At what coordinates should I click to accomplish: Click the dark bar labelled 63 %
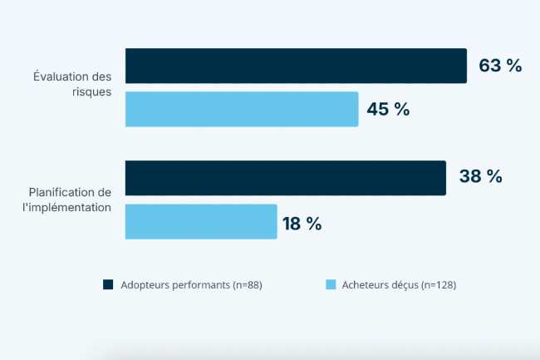pos(296,66)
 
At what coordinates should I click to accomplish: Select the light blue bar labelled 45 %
pos(242,109)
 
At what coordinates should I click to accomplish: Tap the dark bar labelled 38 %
pos(286,177)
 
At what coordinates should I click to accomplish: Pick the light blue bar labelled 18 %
pos(201,221)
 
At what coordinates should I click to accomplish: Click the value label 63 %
pos(500,66)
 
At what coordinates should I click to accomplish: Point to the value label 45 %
pos(388,109)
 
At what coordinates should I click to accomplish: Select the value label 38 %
pos(480,177)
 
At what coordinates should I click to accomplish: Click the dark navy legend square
pos(108,285)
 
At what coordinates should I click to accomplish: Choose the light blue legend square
pos(331,285)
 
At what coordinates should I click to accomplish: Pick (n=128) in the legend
pos(439,285)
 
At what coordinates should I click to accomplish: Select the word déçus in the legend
pos(403,285)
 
